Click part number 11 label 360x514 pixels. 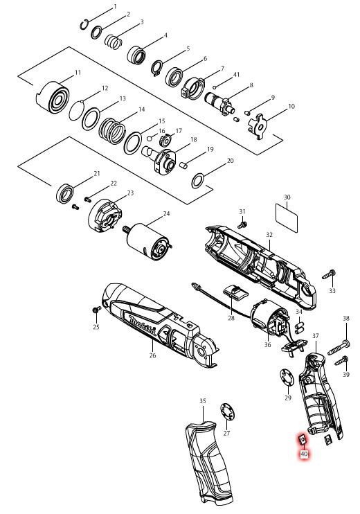78,73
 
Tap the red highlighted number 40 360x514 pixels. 303,454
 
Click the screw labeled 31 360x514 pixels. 242,224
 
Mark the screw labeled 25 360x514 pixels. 96,311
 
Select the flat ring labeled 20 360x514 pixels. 198,181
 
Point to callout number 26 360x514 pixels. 152,355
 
